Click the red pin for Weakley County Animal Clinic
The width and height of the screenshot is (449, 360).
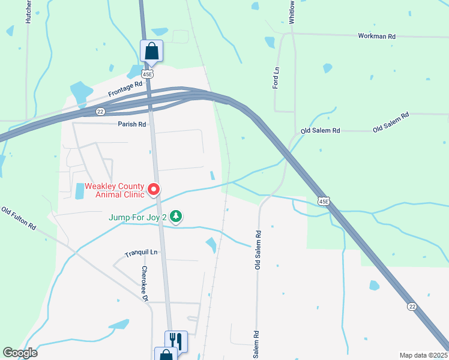(x=153, y=190)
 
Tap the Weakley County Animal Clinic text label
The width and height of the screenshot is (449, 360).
(x=114, y=190)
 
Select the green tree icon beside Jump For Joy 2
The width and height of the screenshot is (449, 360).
(x=175, y=216)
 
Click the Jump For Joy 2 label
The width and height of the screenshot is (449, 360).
(x=137, y=217)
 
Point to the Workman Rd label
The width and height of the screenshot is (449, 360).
(x=376, y=37)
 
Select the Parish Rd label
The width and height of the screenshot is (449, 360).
(x=132, y=124)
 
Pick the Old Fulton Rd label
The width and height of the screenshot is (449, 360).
(x=19, y=219)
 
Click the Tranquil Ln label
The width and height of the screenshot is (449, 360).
(x=140, y=254)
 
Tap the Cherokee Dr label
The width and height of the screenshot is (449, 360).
(x=145, y=284)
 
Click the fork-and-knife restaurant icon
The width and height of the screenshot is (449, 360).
(x=176, y=341)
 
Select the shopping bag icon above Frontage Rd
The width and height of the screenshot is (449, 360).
(x=151, y=50)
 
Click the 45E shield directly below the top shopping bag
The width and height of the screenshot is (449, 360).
(x=147, y=73)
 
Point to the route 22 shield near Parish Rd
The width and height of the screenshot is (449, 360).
(x=100, y=112)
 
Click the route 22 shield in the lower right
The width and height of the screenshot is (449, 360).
(x=412, y=306)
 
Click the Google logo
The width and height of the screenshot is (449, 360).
(x=20, y=352)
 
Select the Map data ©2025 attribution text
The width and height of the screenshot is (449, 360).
(x=423, y=355)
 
